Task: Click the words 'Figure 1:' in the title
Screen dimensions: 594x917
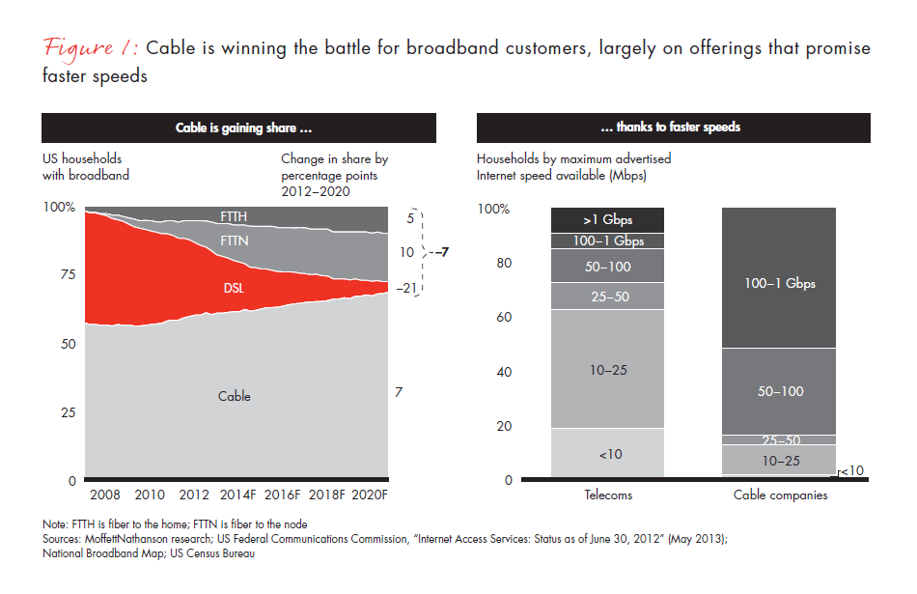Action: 90,49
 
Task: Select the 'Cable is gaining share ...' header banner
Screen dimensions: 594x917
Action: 242,127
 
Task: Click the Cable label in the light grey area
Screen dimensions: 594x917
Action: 235,396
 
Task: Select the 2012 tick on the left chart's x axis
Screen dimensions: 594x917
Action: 196,495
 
